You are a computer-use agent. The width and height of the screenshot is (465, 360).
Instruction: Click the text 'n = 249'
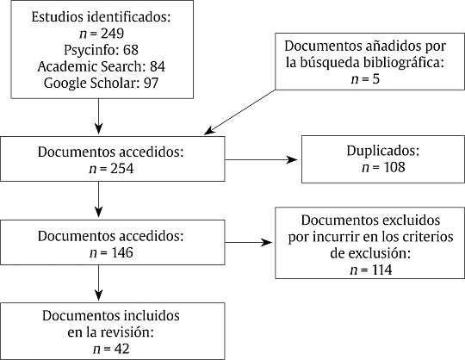tap(100, 34)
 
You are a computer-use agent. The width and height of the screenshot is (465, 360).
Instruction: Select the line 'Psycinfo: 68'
tap(100, 50)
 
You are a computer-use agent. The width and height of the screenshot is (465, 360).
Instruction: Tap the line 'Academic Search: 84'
tap(100, 66)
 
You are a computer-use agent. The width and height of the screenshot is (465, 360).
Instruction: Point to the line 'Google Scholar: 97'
tap(100, 83)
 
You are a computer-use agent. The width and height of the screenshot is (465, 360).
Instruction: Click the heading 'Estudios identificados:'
tap(100, 17)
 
